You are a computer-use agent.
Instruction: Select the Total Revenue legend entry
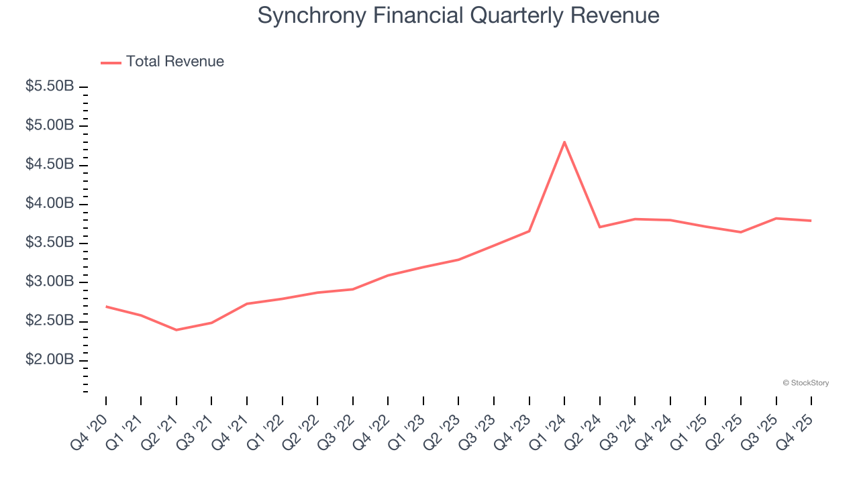(162, 62)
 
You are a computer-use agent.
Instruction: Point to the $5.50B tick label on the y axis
(50, 87)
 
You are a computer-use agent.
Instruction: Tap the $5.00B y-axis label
(50, 125)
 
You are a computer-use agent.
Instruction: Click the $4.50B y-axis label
(50, 164)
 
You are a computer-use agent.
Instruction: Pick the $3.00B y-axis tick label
(50, 282)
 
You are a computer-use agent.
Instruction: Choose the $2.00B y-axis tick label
(50, 360)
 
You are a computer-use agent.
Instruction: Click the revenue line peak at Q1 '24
(564, 142)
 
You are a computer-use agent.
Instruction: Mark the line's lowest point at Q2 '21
(176, 330)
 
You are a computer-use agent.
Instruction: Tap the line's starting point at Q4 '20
(106, 307)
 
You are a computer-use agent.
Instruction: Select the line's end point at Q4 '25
(811, 221)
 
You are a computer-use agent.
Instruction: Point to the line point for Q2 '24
(599, 227)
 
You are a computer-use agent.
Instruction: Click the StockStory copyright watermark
(805, 383)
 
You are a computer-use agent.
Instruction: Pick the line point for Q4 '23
(529, 231)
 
